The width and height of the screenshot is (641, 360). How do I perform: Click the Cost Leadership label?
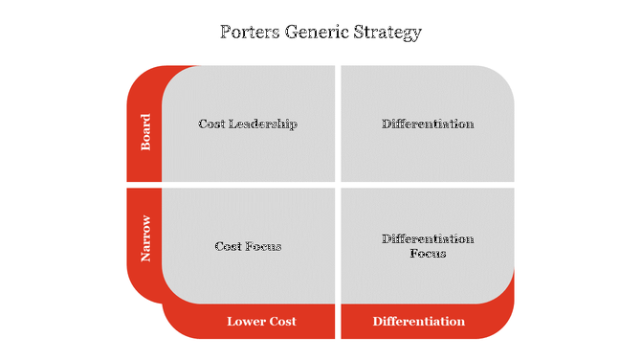pos(248,124)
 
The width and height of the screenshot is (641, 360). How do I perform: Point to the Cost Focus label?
pos(248,246)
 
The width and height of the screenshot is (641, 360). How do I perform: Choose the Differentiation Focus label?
pos(427,246)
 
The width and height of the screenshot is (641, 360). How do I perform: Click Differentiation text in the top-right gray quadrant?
pos(427,124)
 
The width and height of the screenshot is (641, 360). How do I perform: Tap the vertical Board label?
pos(145,133)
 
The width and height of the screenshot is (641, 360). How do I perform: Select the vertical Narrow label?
pos(145,239)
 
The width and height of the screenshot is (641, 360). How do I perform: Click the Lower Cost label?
pos(261,322)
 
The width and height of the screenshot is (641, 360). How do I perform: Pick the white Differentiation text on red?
pos(419,322)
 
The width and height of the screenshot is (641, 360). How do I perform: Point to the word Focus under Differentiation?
pos(428,254)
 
